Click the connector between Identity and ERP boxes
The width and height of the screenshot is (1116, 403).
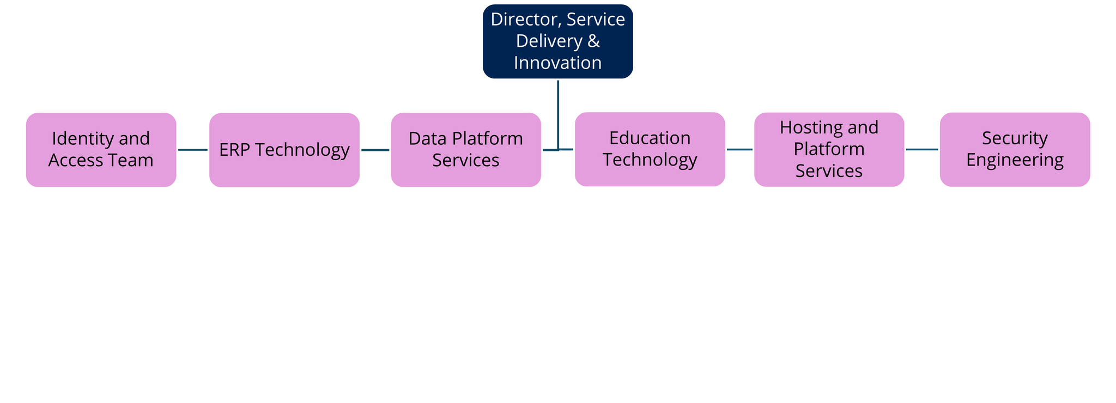pyautogui.click(x=193, y=150)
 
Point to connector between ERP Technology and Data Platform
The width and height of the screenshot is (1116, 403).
pyautogui.click(x=375, y=150)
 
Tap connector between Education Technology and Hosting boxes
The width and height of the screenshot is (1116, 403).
pyautogui.click(x=739, y=149)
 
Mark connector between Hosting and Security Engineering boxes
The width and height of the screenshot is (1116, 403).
pyautogui.click(x=922, y=149)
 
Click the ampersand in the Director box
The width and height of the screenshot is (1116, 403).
pyautogui.click(x=594, y=41)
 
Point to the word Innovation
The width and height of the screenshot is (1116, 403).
pyautogui.click(x=557, y=63)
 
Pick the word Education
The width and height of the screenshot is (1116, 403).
pyautogui.click(x=650, y=138)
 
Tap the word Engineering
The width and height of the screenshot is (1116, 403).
pyautogui.click(x=1015, y=160)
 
